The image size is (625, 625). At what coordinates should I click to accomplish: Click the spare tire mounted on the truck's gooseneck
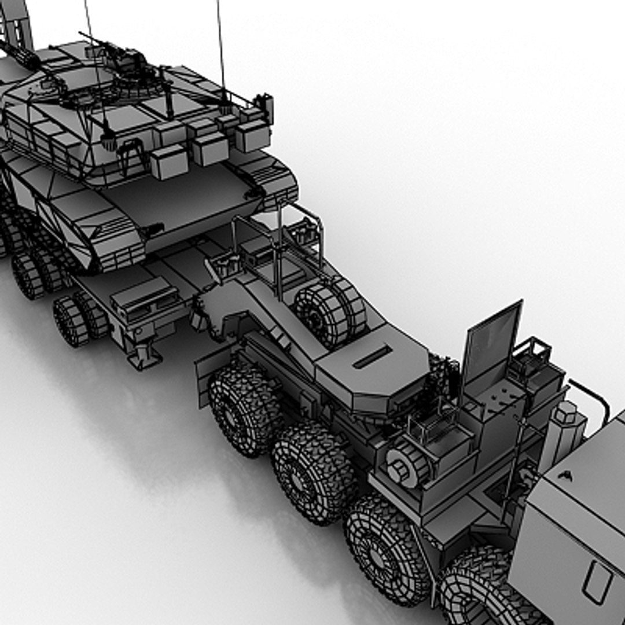point(330,312)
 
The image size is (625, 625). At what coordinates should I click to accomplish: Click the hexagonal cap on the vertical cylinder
point(567,412)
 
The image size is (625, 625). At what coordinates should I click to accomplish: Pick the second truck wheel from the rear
point(312,472)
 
